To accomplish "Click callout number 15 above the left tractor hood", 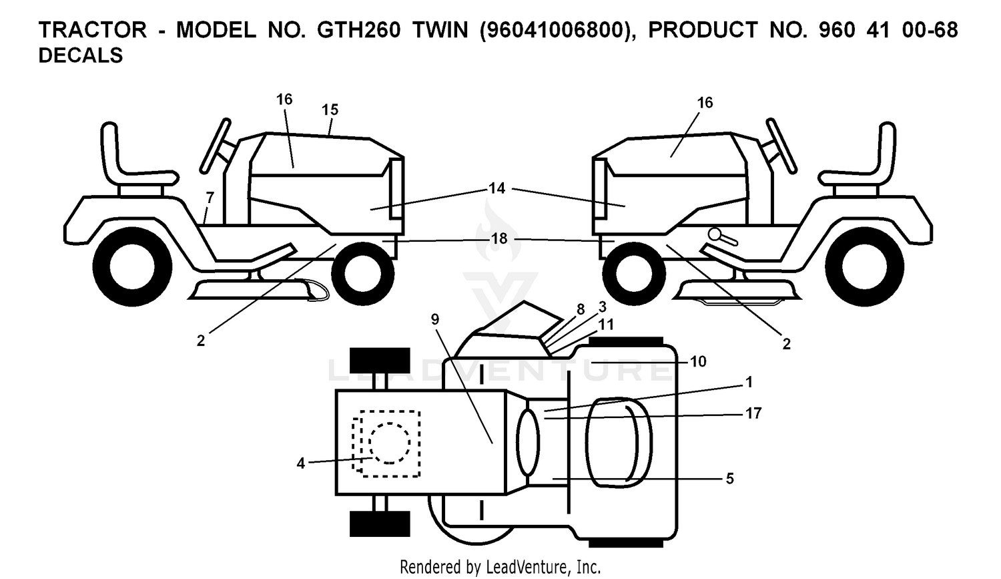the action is [330, 110].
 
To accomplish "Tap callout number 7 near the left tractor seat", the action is [210, 197].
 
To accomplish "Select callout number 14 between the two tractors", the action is [497, 188].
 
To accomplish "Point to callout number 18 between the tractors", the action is [499, 239].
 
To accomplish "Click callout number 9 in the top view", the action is [435, 319].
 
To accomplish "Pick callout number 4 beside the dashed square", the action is [301, 463].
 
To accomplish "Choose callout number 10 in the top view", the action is [699, 361].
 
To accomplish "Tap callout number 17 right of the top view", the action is [753, 413].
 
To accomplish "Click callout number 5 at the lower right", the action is [730, 479].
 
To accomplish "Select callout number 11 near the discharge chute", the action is [605, 324].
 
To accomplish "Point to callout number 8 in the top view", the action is [581, 309].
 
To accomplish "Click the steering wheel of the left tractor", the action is [215, 146].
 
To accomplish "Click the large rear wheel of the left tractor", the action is [132, 266].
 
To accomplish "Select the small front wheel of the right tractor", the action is [634, 274].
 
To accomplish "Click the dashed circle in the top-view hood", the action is [390, 443].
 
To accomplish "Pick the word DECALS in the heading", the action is [81, 55].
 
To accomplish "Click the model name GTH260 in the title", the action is [359, 30].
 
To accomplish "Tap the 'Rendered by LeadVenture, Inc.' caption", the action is [500, 567].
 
